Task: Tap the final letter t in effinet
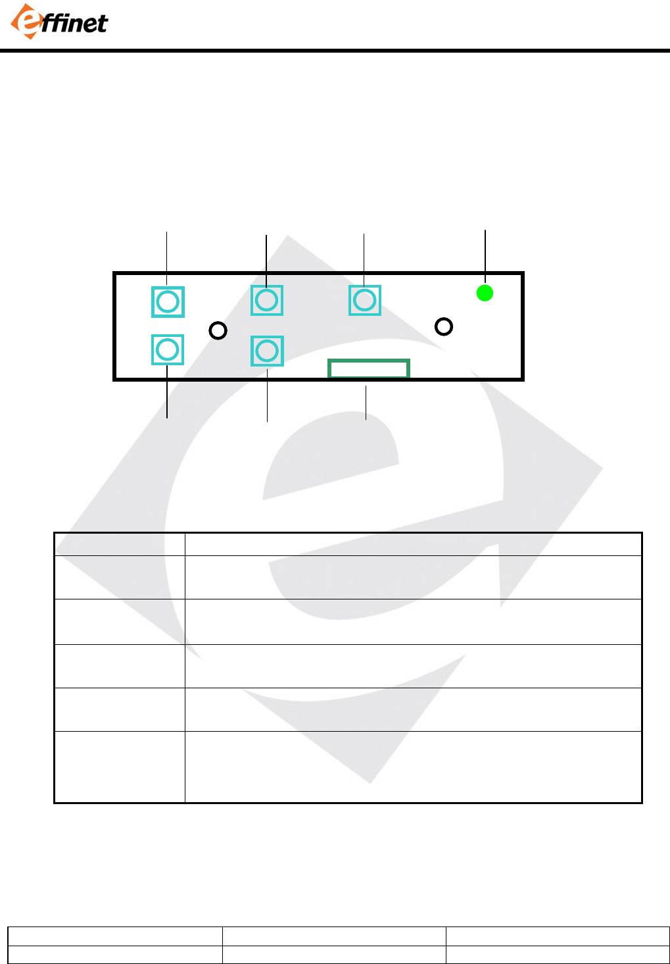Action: point(101,24)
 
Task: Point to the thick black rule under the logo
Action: point(335,50)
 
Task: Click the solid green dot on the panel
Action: point(485,293)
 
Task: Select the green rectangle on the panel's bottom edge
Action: point(369,368)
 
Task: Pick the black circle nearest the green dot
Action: point(444,326)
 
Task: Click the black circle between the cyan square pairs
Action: point(218,330)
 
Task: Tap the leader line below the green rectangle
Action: point(366,403)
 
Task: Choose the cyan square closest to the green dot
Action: point(365,300)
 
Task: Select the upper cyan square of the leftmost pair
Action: point(168,302)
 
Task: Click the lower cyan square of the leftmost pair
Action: point(168,349)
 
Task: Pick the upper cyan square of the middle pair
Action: point(267,300)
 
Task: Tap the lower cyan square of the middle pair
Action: point(267,351)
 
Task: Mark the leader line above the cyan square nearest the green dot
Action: point(364,259)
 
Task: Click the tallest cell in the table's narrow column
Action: point(119,767)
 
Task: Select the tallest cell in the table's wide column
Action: point(413,767)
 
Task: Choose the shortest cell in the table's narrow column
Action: point(119,544)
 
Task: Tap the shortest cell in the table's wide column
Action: point(413,544)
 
